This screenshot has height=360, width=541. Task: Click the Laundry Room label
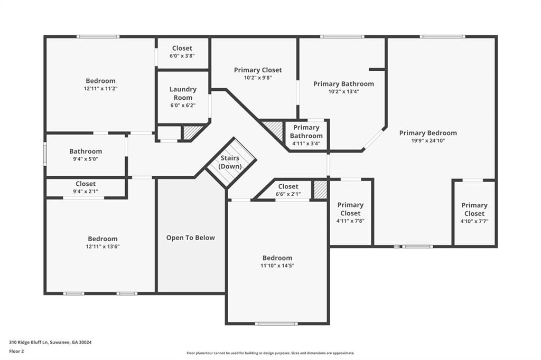point(183,93)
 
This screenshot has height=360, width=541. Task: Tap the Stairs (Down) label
point(230,162)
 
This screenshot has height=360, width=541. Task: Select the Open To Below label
point(190,238)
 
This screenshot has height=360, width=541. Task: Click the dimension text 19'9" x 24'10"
point(428,141)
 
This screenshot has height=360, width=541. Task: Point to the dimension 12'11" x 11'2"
point(101,89)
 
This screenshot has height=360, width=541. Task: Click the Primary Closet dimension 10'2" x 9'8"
point(258,78)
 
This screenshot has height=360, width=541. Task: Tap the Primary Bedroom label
point(428,133)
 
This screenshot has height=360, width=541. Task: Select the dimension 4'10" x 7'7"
point(474,221)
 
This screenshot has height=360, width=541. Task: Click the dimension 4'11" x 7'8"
point(351,221)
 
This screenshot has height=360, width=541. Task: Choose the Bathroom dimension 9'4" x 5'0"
point(86,159)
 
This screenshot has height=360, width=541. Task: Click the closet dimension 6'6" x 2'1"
point(288,194)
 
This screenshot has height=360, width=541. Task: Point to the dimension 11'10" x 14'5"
point(277,266)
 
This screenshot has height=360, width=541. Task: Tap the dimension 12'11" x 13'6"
point(103,247)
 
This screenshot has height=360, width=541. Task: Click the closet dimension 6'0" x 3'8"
point(182,56)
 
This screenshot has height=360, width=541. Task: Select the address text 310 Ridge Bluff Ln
point(29,343)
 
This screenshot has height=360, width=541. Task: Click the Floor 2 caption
point(16,352)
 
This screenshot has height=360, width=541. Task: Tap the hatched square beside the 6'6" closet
point(320,190)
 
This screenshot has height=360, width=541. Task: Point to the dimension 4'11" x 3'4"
point(306,144)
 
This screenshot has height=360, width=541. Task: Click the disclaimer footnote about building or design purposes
point(270,353)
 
